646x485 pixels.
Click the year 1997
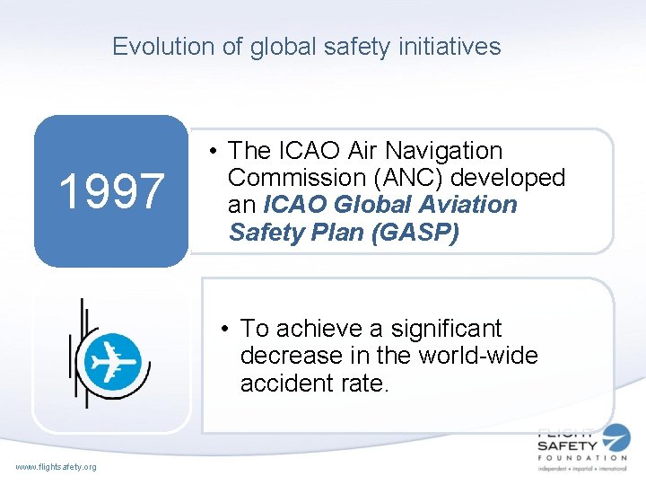[111, 190]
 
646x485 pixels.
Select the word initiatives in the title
[445, 47]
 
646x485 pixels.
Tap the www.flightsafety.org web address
[57, 465]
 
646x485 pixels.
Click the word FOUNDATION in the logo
[582, 457]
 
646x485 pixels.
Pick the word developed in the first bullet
[511, 178]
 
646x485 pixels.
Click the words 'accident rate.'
[315, 384]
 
